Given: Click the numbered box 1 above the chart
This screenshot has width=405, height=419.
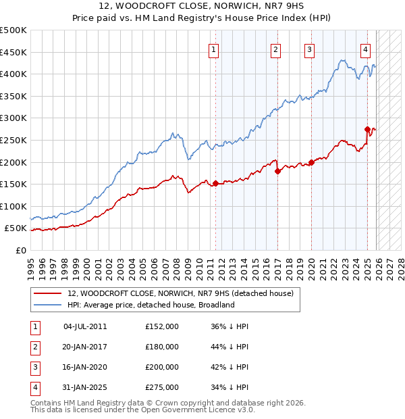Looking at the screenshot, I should [x=214, y=49].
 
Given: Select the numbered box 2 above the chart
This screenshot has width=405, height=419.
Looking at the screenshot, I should [x=276, y=49].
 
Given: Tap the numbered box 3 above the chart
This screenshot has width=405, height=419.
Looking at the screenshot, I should [x=309, y=49].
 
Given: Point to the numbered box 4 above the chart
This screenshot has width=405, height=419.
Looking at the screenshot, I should [x=365, y=49].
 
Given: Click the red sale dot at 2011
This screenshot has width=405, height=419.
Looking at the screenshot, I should [x=215, y=183].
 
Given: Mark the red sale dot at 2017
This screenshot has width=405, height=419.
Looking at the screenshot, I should [x=277, y=171].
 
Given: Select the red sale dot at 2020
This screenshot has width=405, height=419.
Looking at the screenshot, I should [x=311, y=162].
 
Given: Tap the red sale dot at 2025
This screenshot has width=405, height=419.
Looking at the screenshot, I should [x=367, y=129].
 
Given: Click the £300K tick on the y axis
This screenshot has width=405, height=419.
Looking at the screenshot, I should [x=13, y=118].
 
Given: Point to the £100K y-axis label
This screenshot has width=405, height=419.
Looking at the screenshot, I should [x=13, y=206].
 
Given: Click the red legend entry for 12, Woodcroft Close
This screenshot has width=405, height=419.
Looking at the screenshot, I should [x=180, y=293].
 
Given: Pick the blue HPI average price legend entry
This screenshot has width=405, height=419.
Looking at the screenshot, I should [x=151, y=305].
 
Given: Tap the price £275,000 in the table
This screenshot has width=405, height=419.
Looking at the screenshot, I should [x=162, y=387].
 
